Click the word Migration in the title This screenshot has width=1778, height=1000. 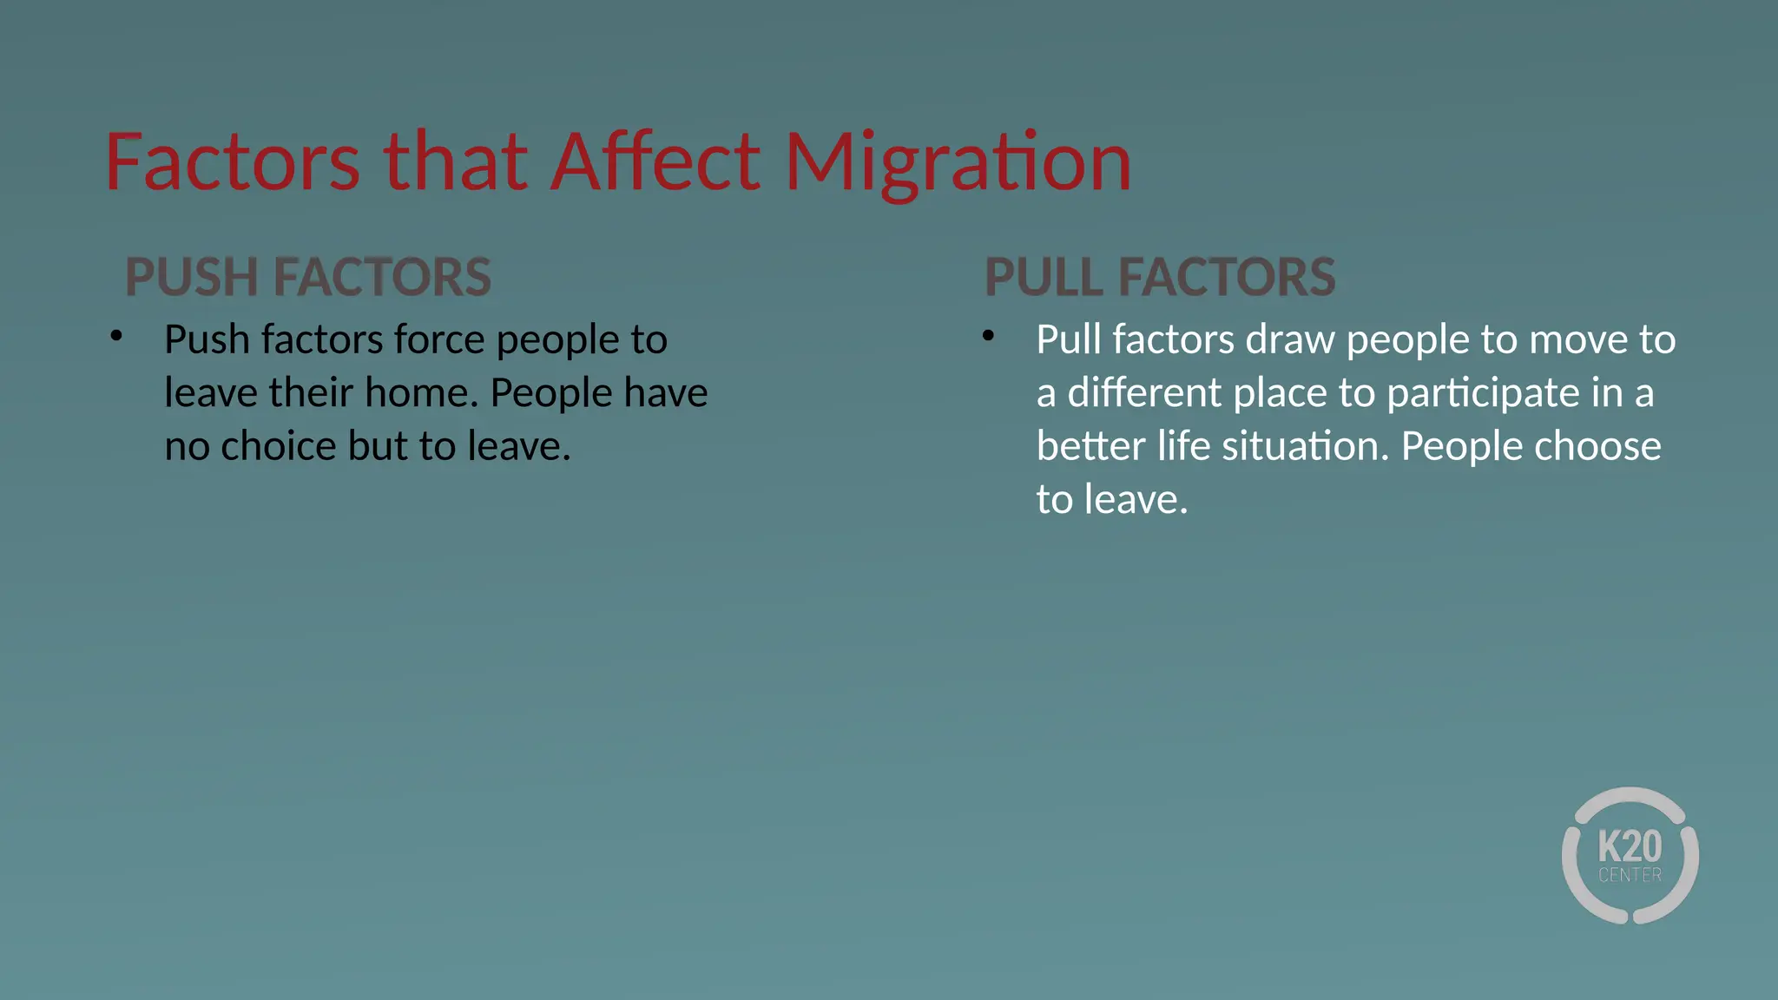tap(958, 162)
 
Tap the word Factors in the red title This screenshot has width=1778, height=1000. tap(232, 162)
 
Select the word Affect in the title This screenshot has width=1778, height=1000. tap(656, 162)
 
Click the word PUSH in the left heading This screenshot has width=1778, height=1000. tap(192, 278)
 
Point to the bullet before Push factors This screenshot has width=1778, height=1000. tap(116, 336)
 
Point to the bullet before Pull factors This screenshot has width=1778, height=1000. tap(988, 336)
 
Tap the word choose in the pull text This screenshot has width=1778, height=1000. tap(1597, 446)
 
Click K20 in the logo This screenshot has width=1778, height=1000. tap(1630, 845)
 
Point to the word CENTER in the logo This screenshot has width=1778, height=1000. tap(1630, 875)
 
